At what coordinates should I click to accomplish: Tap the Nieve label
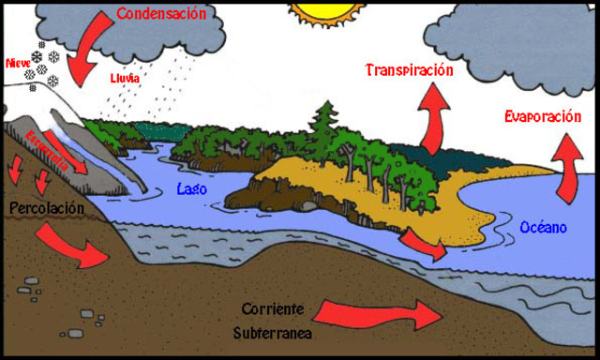click(18, 63)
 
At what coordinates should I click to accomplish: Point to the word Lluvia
click(125, 79)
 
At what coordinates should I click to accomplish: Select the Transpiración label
click(410, 70)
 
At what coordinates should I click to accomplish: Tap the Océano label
click(543, 227)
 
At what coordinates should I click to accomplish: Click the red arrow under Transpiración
click(434, 116)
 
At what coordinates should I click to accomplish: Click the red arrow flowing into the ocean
click(424, 245)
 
